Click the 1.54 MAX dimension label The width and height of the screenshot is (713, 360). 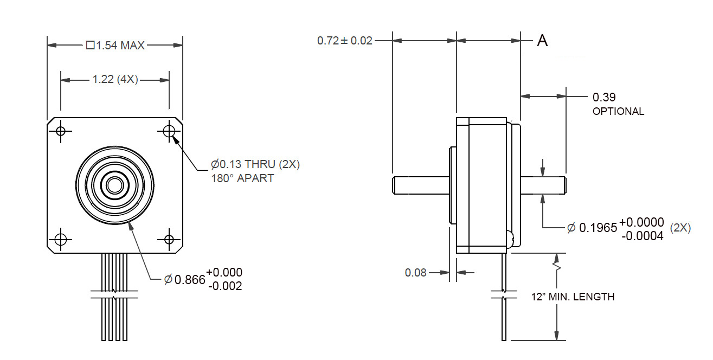coord(115,46)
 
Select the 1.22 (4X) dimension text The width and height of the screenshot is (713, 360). coord(115,80)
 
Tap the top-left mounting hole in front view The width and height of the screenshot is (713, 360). coord(61,131)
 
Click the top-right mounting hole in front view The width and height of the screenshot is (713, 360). coord(169,131)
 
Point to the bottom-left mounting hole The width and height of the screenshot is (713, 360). coord(61,239)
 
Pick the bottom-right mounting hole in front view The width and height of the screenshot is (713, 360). coord(169,239)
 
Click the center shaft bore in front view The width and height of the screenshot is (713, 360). coord(114,185)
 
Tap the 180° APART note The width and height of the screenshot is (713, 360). coord(242,178)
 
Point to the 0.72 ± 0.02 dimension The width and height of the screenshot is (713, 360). coord(345,41)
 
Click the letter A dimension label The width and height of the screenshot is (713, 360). coord(542,41)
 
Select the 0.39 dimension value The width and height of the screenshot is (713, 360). coord(604,98)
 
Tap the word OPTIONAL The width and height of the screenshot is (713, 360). coord(618,112)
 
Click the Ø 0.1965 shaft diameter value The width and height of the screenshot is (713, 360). coord(592,228)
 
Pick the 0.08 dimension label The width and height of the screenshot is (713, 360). coord(416,273)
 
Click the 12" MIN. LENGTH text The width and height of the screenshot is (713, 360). coord(573,297)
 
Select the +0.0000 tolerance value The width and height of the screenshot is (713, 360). coord(641,222)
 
